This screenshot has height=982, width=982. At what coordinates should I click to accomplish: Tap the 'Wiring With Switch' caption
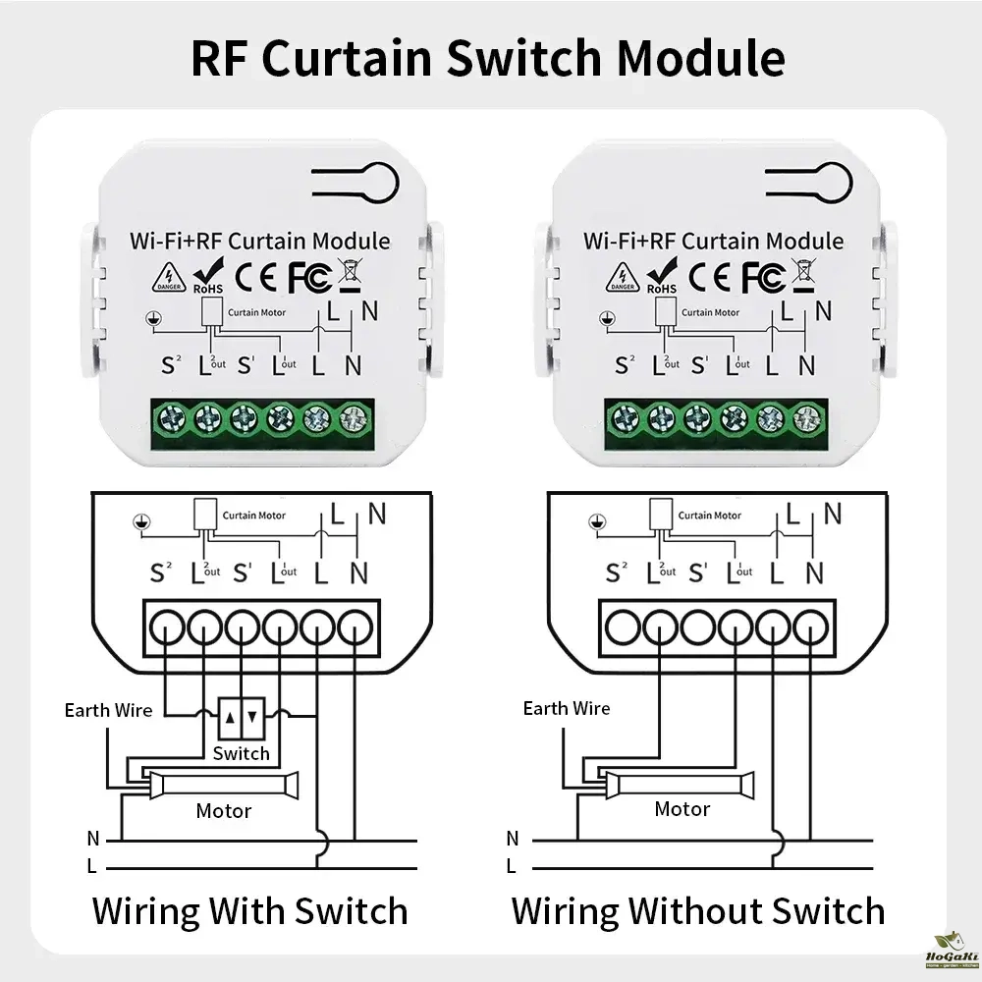click(249, 910)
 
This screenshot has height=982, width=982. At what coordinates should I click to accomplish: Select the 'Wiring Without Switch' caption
click(698, 910)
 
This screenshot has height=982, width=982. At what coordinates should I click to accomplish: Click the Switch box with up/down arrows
click(241, 718)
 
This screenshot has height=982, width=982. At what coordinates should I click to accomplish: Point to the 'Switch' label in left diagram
click(241, 753)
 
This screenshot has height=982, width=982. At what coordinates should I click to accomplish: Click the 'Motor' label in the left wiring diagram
click(224, 810)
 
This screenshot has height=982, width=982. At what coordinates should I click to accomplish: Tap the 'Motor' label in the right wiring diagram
click(682, 809)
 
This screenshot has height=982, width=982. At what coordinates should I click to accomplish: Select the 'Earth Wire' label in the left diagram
click(109, 709)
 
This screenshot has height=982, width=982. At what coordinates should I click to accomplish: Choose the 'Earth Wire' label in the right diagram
click(567, 708)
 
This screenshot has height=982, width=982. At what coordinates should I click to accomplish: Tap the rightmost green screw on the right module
click(805, 420)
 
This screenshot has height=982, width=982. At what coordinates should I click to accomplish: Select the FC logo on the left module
click(307, 277)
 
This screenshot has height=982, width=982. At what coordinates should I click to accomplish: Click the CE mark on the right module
click(713, 277)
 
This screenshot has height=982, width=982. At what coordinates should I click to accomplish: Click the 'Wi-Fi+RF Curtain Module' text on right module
click(713, 241)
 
